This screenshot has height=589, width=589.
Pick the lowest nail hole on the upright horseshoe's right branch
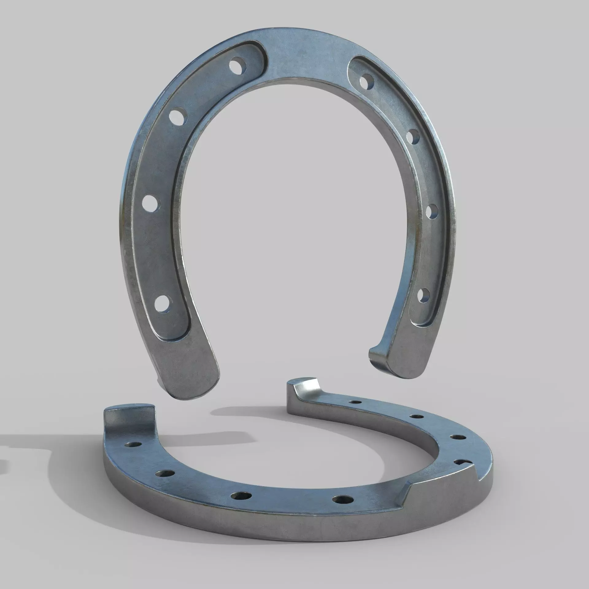click(x=424, y=296)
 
